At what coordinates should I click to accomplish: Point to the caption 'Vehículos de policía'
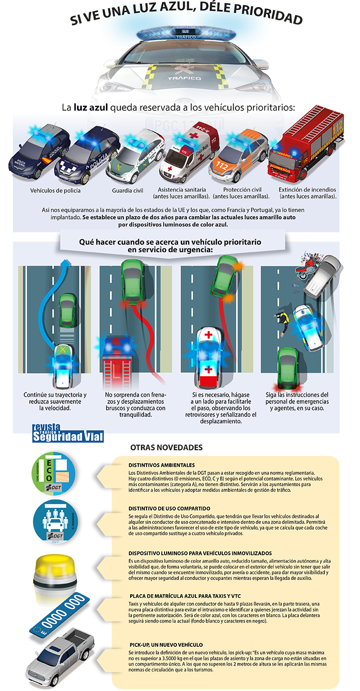56,190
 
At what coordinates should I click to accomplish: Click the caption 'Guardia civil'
128,190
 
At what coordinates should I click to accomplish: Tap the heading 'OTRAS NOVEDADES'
166,447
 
